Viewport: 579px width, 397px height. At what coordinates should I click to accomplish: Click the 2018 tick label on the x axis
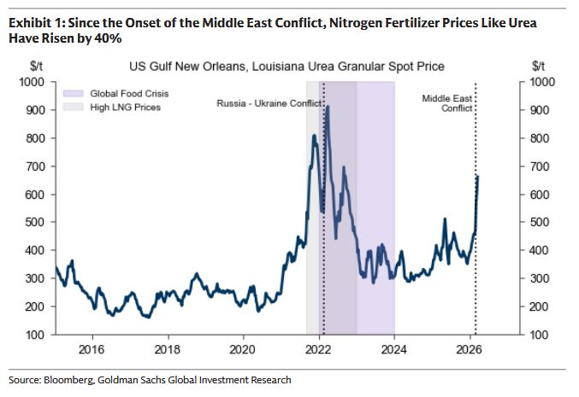click(x=168, y=349)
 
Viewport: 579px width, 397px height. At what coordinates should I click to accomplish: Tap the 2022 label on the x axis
click(x=318, y=349)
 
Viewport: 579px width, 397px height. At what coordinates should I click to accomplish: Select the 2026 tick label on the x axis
click(x=469, y=349)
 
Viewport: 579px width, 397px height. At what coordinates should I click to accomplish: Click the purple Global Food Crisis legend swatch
click(x=72, y=92)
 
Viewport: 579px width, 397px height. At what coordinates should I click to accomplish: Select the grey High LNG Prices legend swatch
click(x=72, y=107)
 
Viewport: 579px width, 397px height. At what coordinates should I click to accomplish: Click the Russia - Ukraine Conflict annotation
click(x=269, y=103)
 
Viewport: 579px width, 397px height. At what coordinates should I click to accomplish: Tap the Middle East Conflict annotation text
click(x=447, y=103)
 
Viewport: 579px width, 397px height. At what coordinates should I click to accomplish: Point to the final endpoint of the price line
click(x=477, y=177)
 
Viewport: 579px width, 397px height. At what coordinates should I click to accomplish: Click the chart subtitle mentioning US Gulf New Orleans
click(x=287, y=66)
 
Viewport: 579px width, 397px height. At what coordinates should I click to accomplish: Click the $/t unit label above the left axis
click(x=38, y=66)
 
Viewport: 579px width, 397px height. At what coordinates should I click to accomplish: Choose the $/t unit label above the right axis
click(x=538, y=66)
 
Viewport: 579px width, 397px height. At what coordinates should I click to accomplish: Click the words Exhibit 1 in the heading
click(x=34, y=22)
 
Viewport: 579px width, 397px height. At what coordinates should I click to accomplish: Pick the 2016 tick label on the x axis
click(x=92, y=349)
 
